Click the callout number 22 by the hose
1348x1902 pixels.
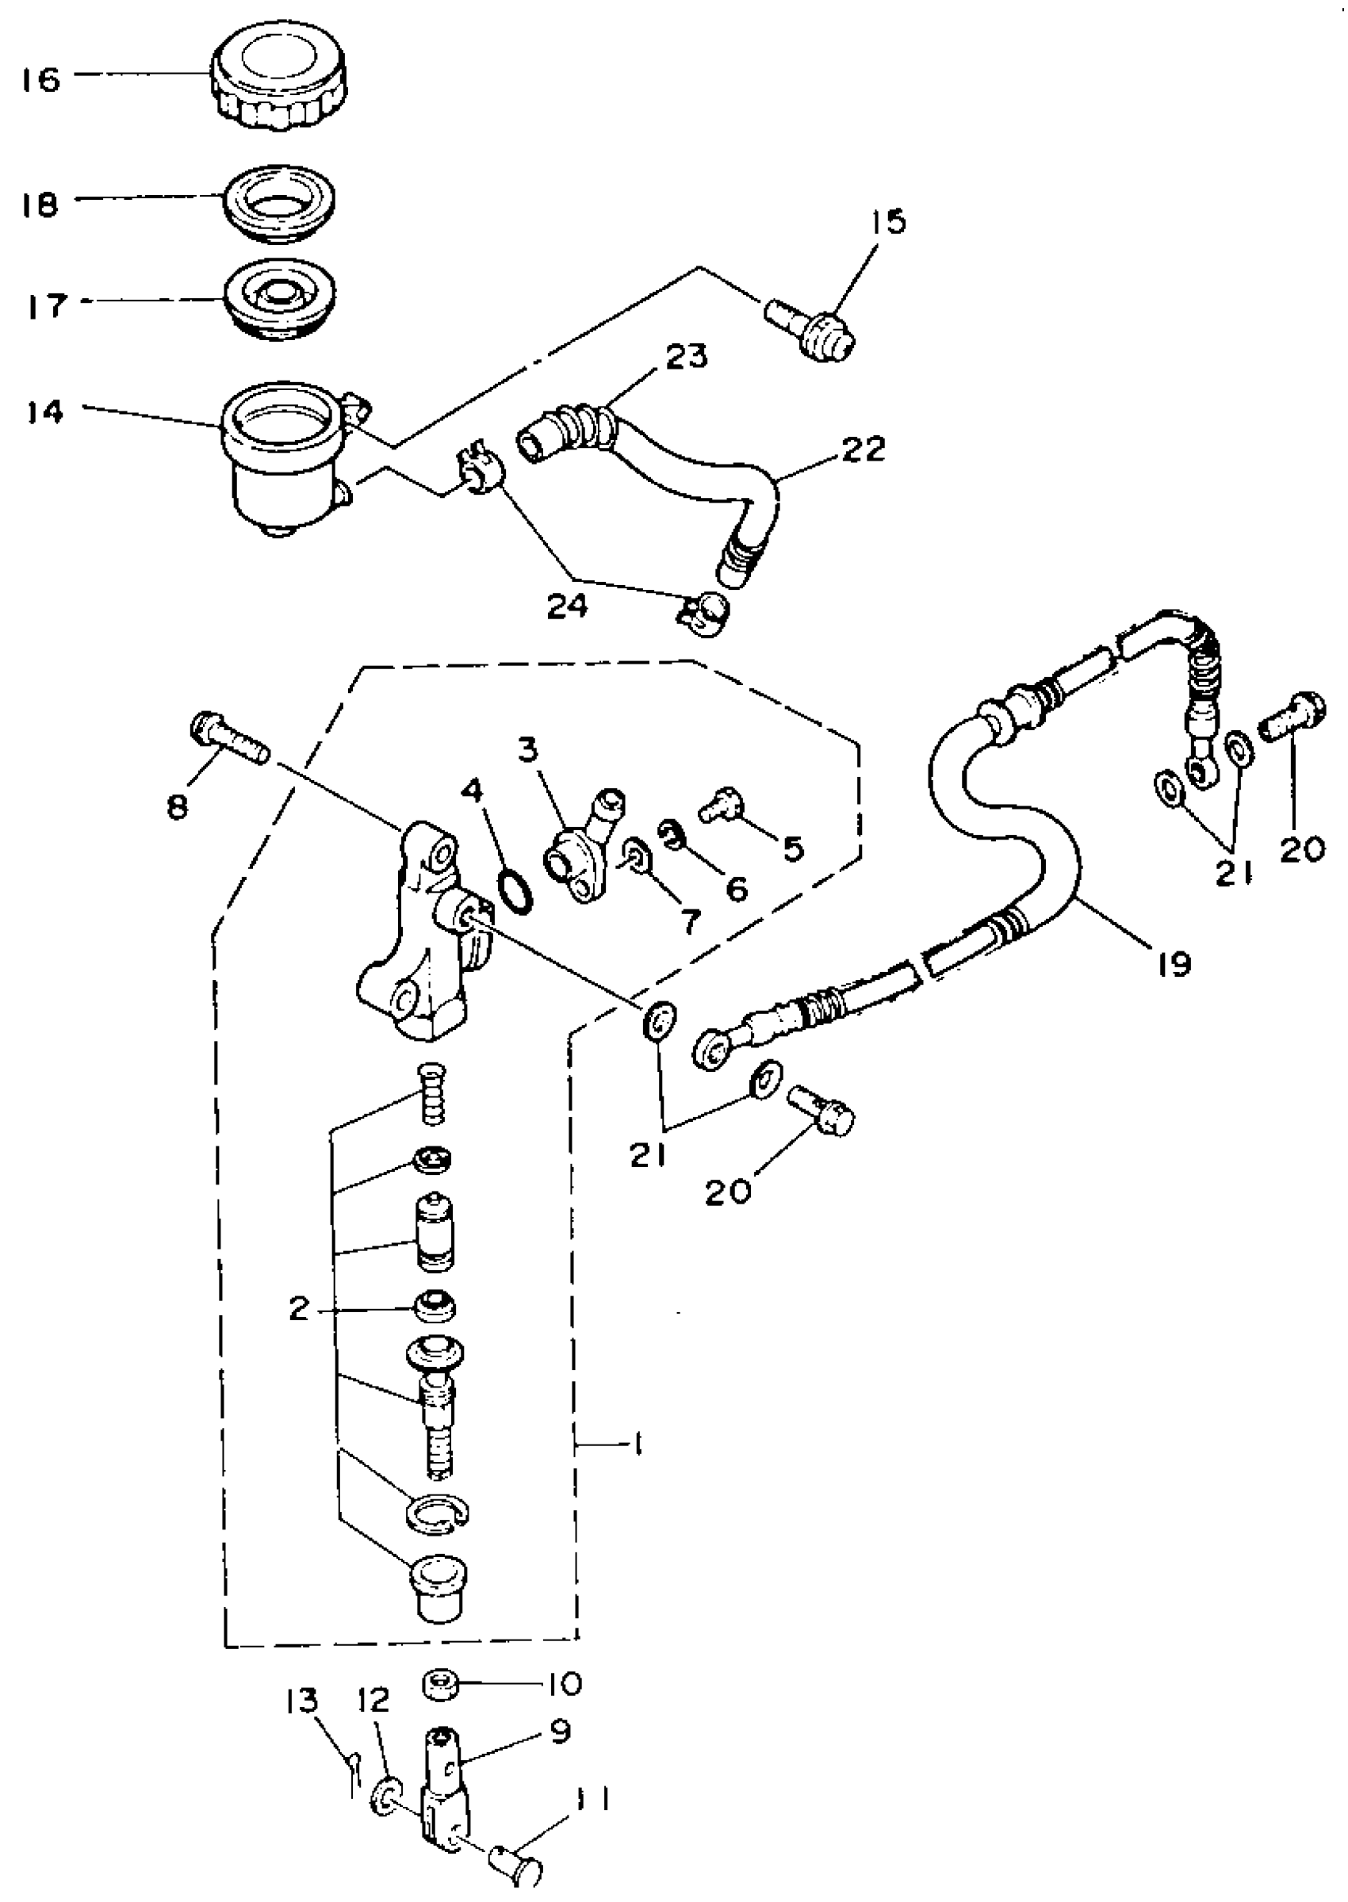tap(864, 449)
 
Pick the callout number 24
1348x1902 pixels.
tap(568, 607)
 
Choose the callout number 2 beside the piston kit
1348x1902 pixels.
tap(298, 1310)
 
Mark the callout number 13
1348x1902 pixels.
tap(302, 1702)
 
